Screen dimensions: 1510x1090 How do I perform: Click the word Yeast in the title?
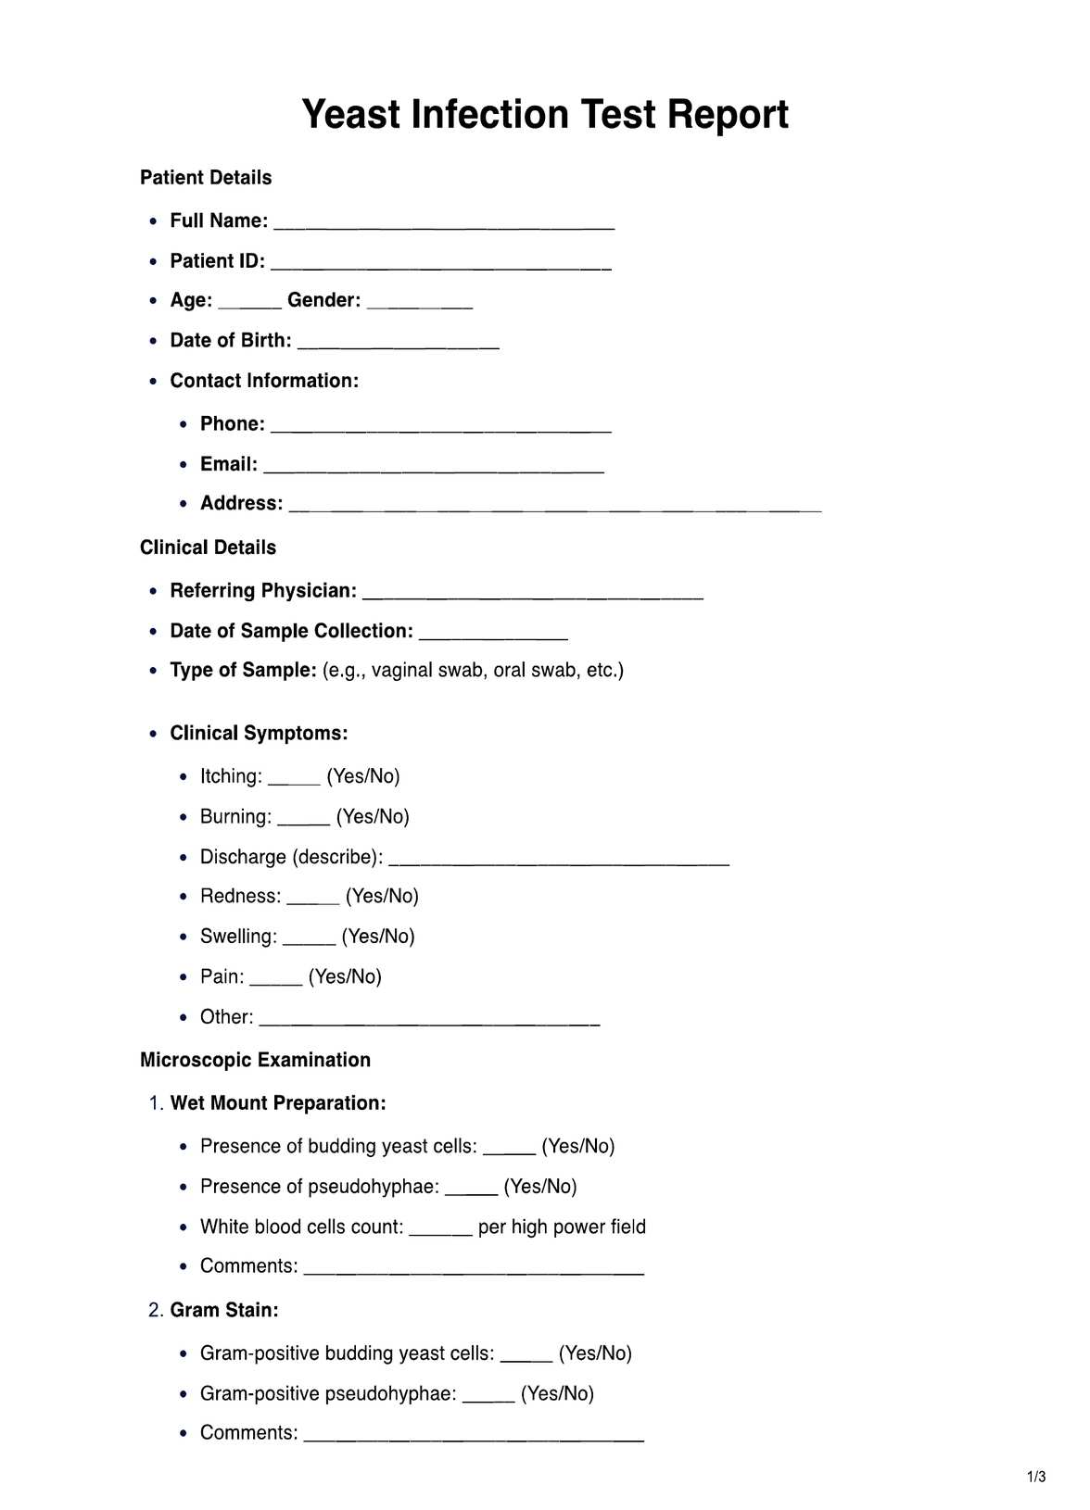[351, 115]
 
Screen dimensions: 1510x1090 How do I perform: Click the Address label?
[241, 503]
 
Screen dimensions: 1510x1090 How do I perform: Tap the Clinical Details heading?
[208, 547]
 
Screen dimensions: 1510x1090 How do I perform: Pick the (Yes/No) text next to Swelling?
[378, 937]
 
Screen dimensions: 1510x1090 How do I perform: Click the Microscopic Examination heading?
[255, 1060]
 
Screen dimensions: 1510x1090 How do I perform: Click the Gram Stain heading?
[223, 1310]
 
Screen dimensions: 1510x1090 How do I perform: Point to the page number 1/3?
[1036, 1477]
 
